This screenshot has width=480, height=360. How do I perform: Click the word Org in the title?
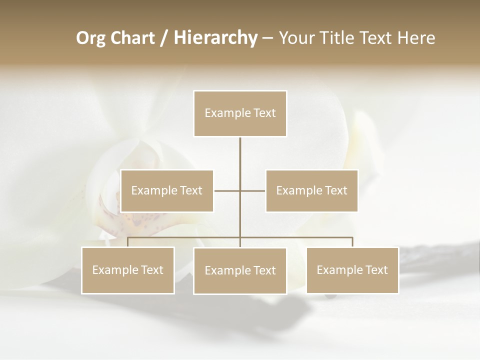pyautogui.click(x=90, y=38)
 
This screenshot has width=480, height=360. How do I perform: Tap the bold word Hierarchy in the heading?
pyautogui.click(x=215, y=38)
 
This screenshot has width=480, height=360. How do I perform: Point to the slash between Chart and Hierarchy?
pyautogui.click(x=164, y=38)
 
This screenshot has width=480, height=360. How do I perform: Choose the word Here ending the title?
pyautogui.click(x=416, y=38)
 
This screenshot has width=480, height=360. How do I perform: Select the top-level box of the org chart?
pyautogui.click(x=240, y=113)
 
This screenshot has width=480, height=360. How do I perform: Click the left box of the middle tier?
pyautogui.click(x=167, y=190)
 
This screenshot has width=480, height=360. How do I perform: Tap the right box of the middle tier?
pyautogui.click(x=311, y=190)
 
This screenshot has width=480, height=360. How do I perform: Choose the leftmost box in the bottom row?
pyautogui.click(x=128, y=270)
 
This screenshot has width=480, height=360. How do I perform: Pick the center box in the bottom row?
pyautogui.click(x=240, y=270)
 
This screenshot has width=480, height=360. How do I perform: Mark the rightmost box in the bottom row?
pyautogui.click(x=352, y=270)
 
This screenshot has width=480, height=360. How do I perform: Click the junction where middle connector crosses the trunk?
pyautogui.click(x=240, y=190)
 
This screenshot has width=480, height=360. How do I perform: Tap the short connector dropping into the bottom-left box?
pyautogui.click(x=128, y=242)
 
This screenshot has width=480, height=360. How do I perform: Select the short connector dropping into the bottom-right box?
pyautogui.click(x=352, y=242)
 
